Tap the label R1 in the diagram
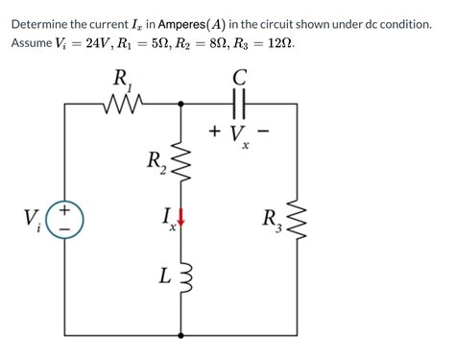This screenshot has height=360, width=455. pos(123,78)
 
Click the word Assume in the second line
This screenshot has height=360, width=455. pos(35,44)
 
